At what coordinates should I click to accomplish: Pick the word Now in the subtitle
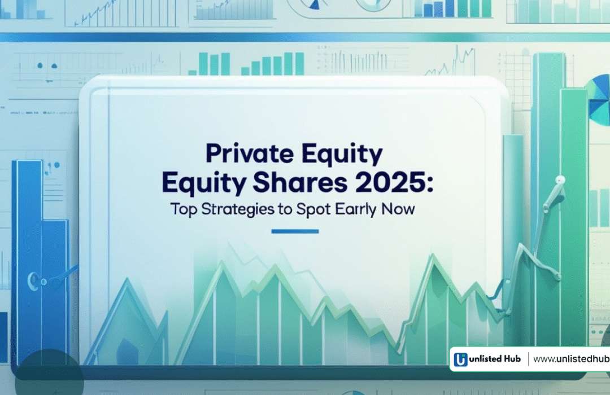(398, 209)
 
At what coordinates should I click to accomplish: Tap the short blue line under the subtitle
(295, 231)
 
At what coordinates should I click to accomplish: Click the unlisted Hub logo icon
(460, 359)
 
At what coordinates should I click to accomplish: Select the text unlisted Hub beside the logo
(495, 359)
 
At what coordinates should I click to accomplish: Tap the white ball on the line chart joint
(560, 179)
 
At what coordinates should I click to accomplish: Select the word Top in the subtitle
(184, 209)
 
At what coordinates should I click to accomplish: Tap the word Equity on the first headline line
(342, 154)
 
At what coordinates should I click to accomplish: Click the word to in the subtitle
(285, 210)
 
